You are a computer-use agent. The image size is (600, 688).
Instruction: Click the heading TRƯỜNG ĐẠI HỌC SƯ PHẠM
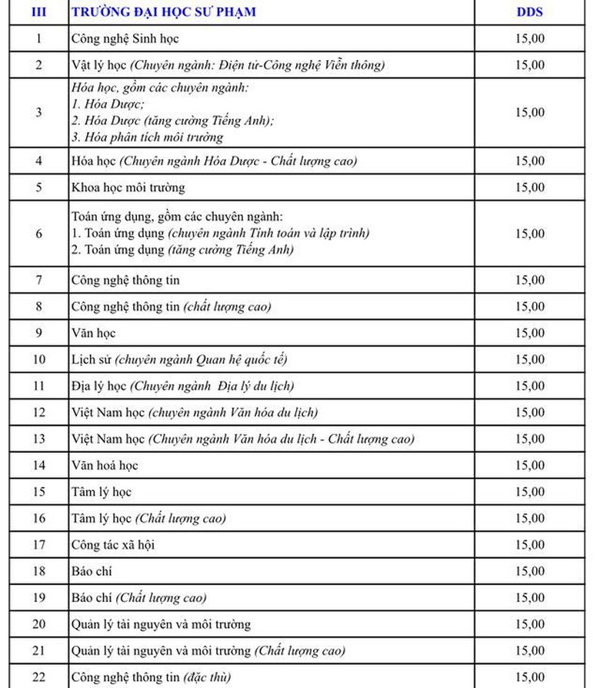[x=163, y=12]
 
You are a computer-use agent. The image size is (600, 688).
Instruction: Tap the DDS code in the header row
[x=529, y=12]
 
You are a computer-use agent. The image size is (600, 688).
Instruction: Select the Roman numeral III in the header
[x=38, y=12]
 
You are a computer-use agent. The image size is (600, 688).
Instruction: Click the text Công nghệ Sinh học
[x=125, y=38]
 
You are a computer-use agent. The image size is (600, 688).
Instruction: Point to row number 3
[x=38, y=112]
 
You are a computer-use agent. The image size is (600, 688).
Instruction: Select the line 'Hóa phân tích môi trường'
[x=153, y=138]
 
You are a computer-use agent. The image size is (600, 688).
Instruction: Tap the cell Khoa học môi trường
[x=128, y=188]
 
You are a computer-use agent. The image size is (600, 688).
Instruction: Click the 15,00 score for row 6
[x=529, y=233]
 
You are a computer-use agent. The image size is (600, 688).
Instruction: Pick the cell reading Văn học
[x=93, y=333]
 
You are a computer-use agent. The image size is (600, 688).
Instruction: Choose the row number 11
[x=38, y=386]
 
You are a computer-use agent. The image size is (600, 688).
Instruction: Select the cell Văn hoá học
[x=105, y=465]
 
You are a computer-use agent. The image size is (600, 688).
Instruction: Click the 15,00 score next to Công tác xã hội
[x=529, y=545]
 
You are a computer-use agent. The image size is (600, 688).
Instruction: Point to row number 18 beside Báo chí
[x=38, y=571]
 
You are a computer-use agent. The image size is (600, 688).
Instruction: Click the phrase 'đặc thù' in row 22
[x=208, y=677]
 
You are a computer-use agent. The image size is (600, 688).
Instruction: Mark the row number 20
[x=38, y=624]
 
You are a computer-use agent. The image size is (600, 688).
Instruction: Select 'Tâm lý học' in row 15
[x=102, y=492]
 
